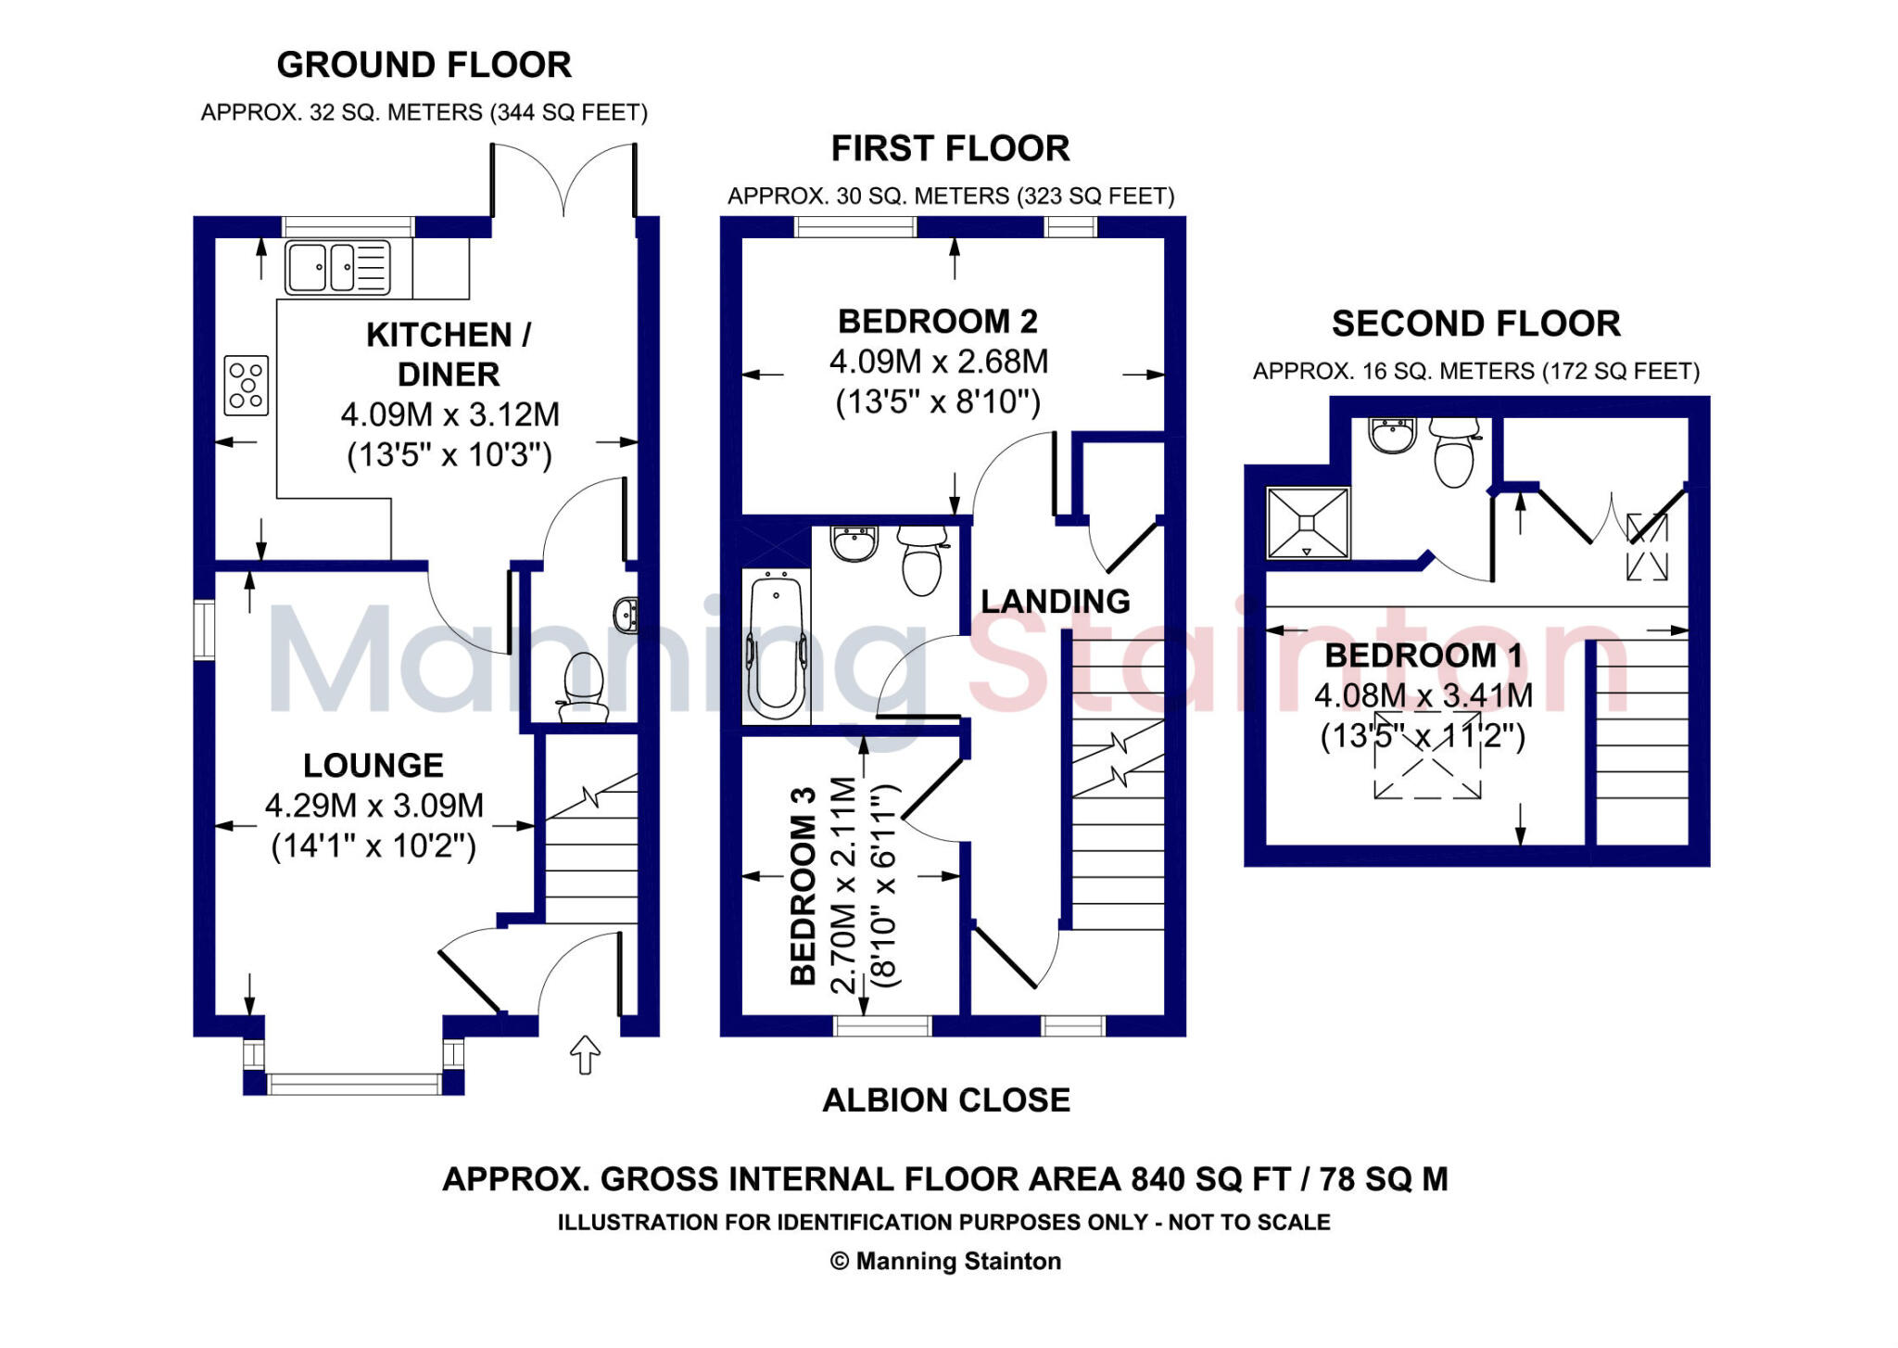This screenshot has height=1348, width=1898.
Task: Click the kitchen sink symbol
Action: pyautogui.click(x=337, y=267)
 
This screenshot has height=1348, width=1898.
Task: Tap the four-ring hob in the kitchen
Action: pyautogui.click(x=247, y=385)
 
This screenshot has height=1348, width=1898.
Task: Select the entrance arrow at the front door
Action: pyautogui.click(x=585, y=1054)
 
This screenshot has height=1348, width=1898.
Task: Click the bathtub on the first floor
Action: pyautogui.click(x=776, y=646)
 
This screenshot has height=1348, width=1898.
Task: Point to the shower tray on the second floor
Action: pyautogui.click(x=1308, y=523)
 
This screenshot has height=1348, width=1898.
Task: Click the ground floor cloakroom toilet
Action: pyautogui.click(x=584, y=686)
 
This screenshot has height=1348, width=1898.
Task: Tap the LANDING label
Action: pyautogui.click(x=1056, y=602)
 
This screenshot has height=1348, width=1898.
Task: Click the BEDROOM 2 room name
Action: pyautogui.click(x=938, y=322)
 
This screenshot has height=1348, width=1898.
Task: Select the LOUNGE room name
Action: pyautogui.click(x=373, y=766)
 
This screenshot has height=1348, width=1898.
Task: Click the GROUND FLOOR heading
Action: pyautogui.click(x=424, y=65)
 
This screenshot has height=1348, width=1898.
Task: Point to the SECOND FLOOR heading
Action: pyautogui.click(x=1476, y=324)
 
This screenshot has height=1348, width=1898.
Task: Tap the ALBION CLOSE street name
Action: pyautogui.click(x=946, y=1100)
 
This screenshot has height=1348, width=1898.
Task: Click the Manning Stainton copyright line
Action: pyautogui.click(x=946, y=1261)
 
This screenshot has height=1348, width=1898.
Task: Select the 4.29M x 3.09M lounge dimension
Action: pyautogui.click(x=374, y=806)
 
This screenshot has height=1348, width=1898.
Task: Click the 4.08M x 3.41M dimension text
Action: pyautogui.click(x=1423, y=695)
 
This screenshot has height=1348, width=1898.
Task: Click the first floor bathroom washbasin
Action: pyautogui.click(x=854, y=543)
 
